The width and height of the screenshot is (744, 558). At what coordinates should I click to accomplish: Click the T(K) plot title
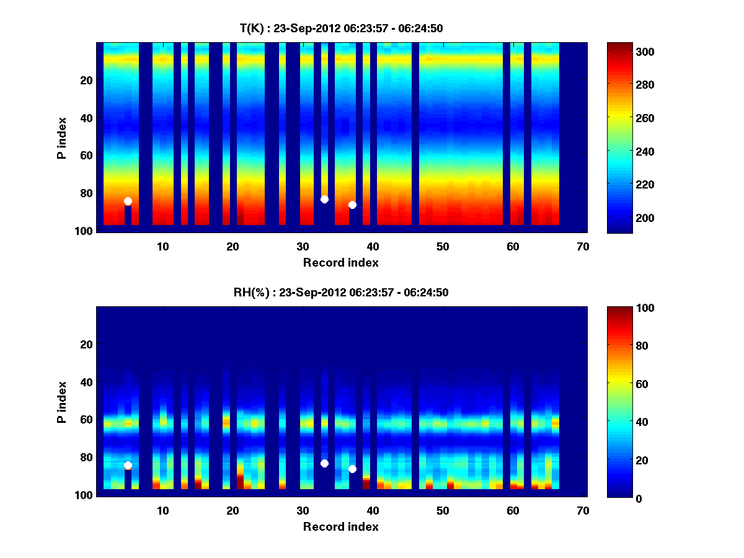(x=341, y=28)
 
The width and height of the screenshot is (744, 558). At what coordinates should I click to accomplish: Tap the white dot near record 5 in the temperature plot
(x=128, y=201)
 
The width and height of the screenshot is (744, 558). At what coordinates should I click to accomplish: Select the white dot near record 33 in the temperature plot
(x=324, y=199)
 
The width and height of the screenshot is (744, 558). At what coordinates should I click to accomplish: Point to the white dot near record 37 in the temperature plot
(x=352, y=205)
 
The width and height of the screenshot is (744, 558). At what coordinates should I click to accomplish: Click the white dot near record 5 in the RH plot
(x=128, y=465)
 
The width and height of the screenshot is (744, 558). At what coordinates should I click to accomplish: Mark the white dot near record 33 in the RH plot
(x=324, y=463)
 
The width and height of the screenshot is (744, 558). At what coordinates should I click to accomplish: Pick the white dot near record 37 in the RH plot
(x=352, y=469)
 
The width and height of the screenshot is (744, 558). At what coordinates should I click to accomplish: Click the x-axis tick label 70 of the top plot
(x=583, y=247)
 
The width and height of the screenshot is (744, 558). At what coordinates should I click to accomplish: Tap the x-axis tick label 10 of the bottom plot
(x=162, y=511)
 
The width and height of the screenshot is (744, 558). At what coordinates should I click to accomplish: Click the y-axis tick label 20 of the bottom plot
(x=86, y=344)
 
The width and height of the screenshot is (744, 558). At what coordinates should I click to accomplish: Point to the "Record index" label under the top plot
(x=340, y=262)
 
